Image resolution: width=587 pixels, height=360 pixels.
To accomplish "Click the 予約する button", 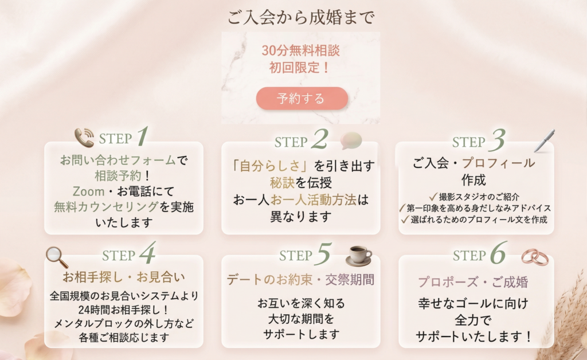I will (x=302, y=98).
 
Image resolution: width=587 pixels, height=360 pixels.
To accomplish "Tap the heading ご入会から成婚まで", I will (x=301, y=18).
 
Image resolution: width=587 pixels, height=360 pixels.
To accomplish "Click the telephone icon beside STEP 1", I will (x=84, y=138).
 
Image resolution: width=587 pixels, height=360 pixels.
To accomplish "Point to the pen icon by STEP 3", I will (x=543, y=140).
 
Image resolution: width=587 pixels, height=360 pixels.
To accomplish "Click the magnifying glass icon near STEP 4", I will (x=57, y=257).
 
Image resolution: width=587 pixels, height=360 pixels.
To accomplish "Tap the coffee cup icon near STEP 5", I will (x=359, y=255).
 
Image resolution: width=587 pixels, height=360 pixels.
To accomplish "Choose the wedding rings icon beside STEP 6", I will (x=534, y=257).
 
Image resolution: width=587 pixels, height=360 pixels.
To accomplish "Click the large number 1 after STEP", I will (x=142, y=137).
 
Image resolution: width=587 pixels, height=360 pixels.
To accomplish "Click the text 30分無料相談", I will (x=301, y=50).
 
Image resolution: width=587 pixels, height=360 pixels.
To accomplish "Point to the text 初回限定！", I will (x=300, y=68).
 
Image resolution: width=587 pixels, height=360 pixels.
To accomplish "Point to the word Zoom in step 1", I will (x=88, y=190).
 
